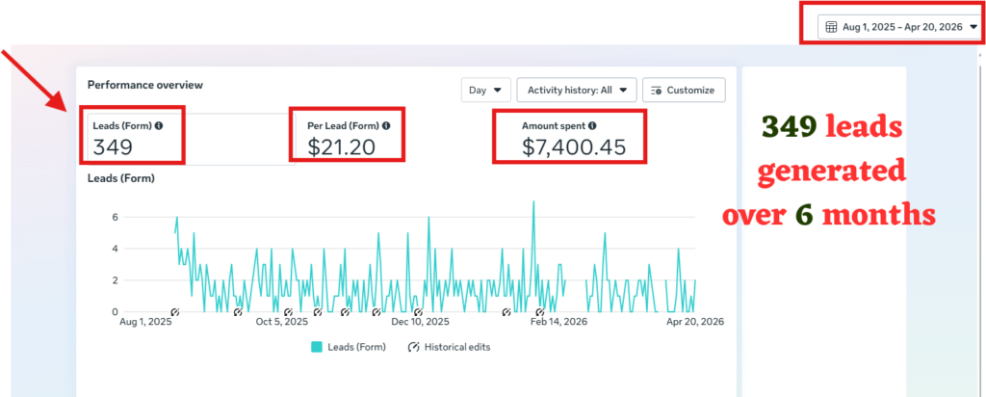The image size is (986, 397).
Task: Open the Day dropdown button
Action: pos(485,90)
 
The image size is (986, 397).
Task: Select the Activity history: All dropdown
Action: pos(577,90)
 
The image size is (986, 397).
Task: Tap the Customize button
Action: pos(684,90)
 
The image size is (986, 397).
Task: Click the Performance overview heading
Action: pos(145,84)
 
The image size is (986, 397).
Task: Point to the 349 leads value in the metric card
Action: pos(113,146)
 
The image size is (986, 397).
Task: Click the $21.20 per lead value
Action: pos(342,146)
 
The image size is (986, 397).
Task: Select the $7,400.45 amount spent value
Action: pos(574,146)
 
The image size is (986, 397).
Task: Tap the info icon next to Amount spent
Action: pos(592,126)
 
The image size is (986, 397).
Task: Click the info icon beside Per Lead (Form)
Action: pos(386,126)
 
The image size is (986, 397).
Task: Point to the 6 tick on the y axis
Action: pos(116,217)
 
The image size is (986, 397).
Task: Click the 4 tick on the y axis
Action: pos(116,249)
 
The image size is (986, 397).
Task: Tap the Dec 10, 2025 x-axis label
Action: pos(420,322)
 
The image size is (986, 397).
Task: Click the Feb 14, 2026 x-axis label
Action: pos(558,322)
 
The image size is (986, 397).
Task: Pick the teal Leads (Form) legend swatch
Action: pos(317,347)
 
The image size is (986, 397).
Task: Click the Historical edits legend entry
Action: pos(449,347)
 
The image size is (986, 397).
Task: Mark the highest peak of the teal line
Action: pos(533,202)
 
